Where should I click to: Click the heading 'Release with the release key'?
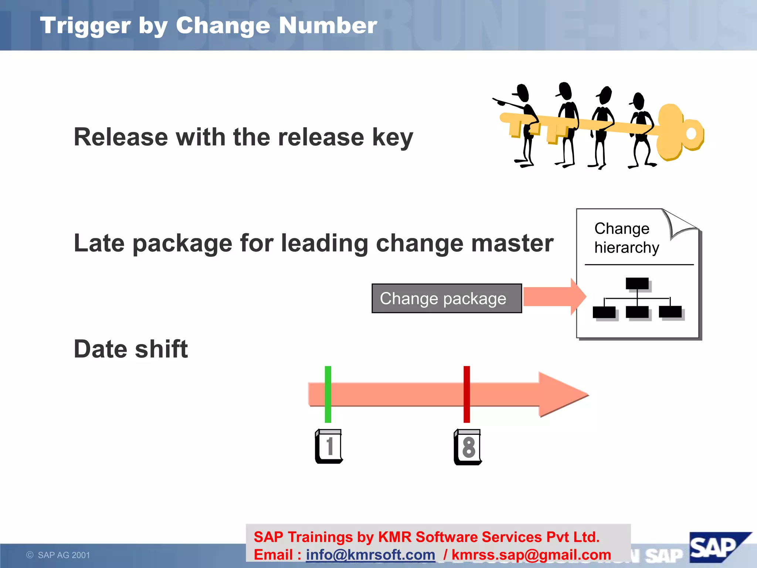pyautogui.click(x=243, y=137)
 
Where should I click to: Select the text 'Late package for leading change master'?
pyautogui.click(x=313, y=243)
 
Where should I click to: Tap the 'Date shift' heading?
pyautogui.click(x=131, y=349)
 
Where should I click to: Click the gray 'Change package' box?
pyautogui.click(x=447, y=298)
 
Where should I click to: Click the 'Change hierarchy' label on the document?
pyautogui.click(x=626, y=238)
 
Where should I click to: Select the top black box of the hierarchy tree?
pyautogui.click(x=637, y=284)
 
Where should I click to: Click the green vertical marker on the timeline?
pyautogui.click(x=328, y=394)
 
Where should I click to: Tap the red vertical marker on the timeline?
pyautogui.click(x=467, y=394)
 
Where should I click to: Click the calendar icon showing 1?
pyautogui.click(x=329, y=446)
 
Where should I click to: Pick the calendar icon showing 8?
pyautogui.click(x=468, y=447)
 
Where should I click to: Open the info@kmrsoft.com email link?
pyautogui.click(x=370, y=555)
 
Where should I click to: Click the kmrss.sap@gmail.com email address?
pyautogui.click(x=531, y=555)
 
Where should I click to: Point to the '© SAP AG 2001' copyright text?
pyautogui.click(x=58, y=555)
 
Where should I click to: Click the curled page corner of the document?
pyautogui.click(x=680, y=224)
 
